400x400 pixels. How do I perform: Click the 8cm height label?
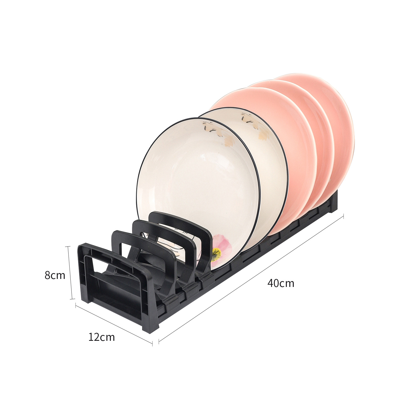pyautogui.click(x=55, y=275)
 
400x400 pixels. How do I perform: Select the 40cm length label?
pyautogui.click(x=281, y=283)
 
